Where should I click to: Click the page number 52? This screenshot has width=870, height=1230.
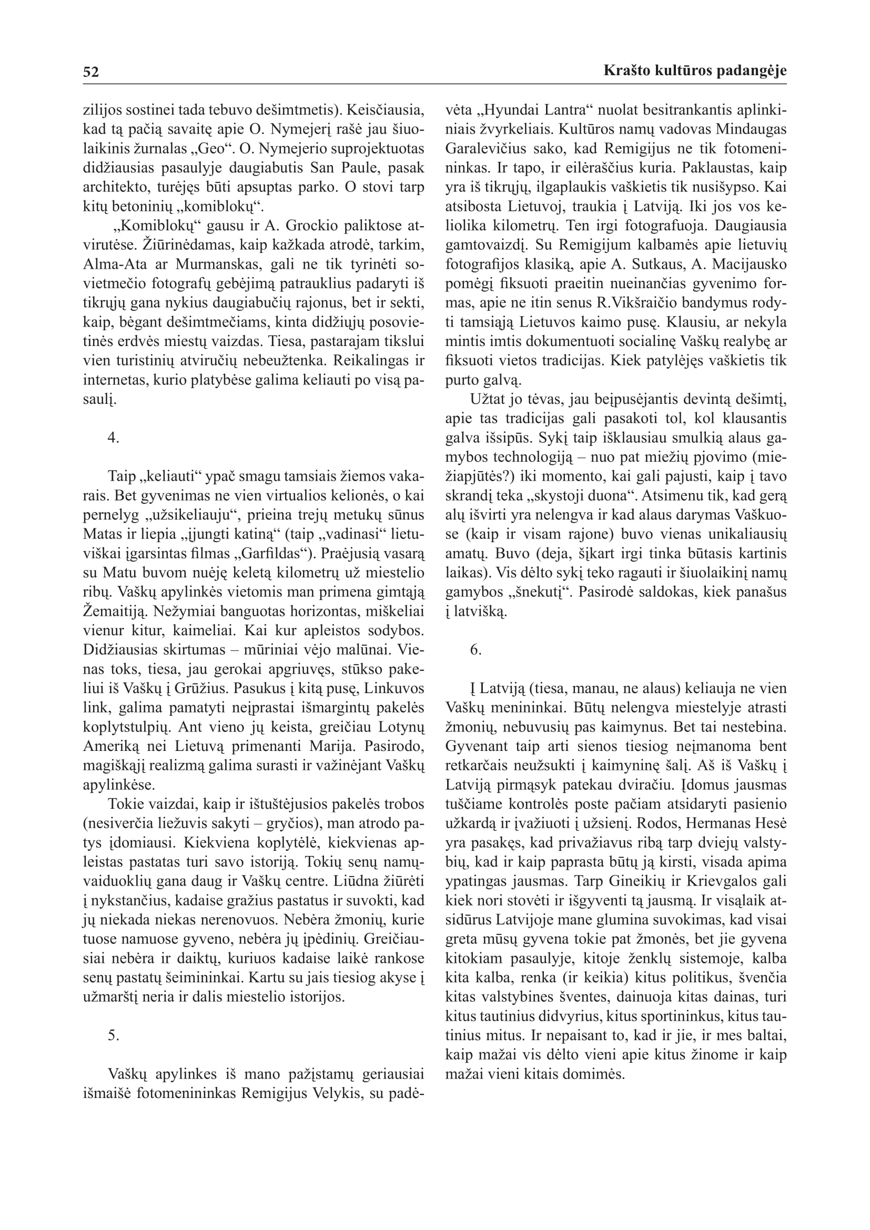91,72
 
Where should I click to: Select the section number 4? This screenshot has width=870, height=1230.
113,438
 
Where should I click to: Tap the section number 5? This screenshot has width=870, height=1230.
113,1035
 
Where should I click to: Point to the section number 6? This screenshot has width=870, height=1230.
476,650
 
